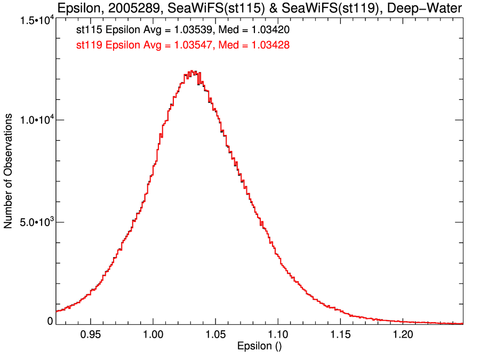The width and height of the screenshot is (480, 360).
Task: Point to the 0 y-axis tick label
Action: click(50, 321)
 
